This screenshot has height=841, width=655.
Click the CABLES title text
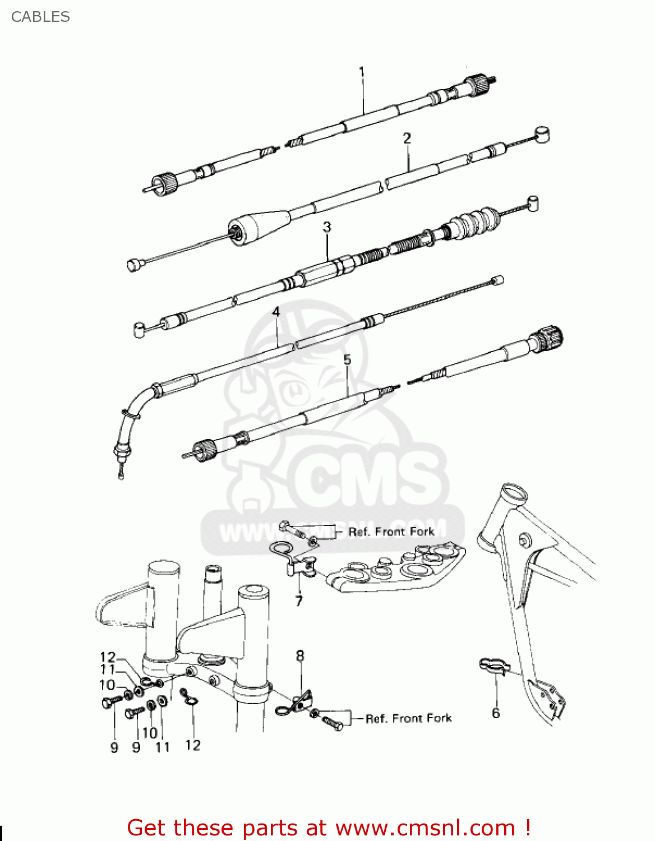(40, 17)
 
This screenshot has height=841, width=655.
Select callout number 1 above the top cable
(362, 72)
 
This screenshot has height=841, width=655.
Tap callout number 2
(407, 138)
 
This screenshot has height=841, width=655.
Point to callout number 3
(327, 227)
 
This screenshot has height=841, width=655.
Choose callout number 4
(276, 312)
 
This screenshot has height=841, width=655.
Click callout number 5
(347, 359)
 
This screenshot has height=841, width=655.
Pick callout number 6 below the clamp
(496, 713)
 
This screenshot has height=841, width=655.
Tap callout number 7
(299, 602)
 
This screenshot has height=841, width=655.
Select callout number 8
(300, 655)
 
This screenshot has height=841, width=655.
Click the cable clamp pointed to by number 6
(493, 666)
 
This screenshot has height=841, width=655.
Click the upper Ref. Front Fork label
(391, 532)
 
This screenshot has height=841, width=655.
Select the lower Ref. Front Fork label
(408, 718)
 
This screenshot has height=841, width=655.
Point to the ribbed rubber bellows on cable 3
(474, 222)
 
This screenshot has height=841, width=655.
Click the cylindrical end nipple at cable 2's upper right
(542, 135)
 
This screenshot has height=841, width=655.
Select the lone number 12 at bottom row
(192, 745)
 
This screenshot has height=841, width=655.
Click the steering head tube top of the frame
(514, 493)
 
